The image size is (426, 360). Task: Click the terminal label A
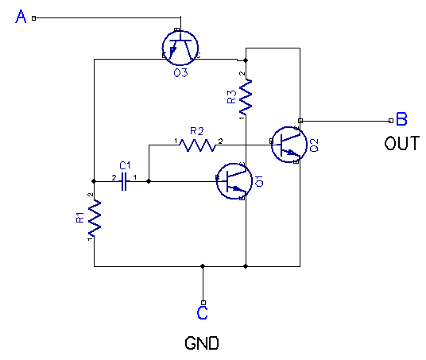tap(22, 17)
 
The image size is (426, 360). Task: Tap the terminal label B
tap(401, 120)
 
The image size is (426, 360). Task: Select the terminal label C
tap(203, 313)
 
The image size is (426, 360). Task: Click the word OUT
tap(401, 144)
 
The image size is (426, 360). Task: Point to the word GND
tap(202, 344)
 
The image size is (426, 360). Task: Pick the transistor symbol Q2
tap(288, 144)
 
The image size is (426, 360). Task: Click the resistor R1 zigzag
tap(95, 217)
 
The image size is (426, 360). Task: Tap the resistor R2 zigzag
tap(198, 145)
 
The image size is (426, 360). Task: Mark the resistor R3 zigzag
tap(246, 97)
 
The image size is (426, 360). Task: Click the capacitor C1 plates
tap(125, 183)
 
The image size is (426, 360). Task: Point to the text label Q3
tap(180, 73)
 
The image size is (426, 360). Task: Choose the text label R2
tap(196, 130)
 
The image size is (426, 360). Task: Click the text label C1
tap(125, 165)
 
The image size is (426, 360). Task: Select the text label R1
tap(79, 217)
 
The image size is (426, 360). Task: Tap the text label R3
tap(231, 97)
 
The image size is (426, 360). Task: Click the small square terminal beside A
tap(33, 17)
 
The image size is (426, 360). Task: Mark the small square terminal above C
tap(203, 302)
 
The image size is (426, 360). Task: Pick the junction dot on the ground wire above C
tap(203, 266)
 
